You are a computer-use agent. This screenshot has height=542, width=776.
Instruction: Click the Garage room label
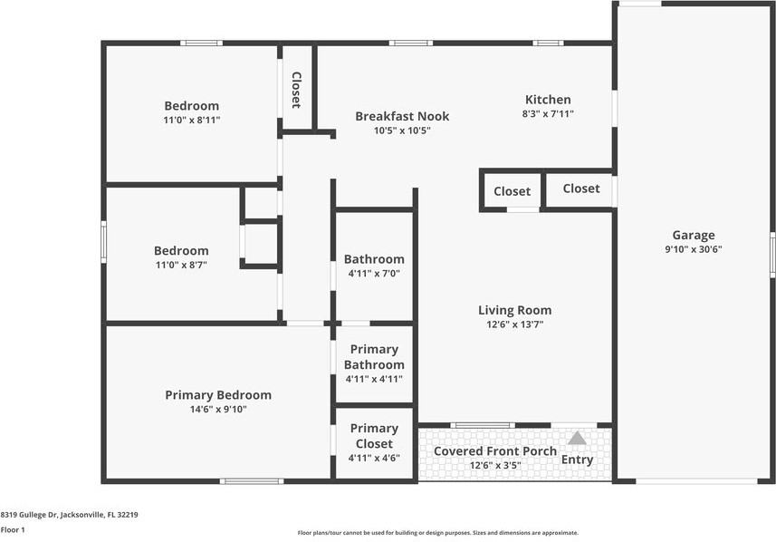(694, 236)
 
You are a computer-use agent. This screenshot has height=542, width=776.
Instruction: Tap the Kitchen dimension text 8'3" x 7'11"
(548, 113)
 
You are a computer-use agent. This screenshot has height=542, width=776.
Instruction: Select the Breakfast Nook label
(402, 116)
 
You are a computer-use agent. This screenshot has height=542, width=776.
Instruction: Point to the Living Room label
(514, 310)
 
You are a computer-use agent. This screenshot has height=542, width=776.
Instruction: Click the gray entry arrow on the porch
(577, 438)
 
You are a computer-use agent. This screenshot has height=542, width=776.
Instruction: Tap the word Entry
(577, 460)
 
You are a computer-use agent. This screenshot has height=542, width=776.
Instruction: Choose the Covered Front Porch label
(495, 450)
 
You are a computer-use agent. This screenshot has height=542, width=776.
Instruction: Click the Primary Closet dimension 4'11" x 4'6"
(374, 458)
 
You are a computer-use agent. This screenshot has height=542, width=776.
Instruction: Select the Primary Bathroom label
(374, 357)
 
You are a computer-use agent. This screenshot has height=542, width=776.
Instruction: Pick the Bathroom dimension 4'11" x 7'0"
(374, 273)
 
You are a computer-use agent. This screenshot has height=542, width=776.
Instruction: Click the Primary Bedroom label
(218, 395)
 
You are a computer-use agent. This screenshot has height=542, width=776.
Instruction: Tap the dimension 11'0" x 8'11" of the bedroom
(192, 120)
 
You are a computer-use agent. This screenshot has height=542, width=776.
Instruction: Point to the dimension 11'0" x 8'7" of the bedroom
(182, 265)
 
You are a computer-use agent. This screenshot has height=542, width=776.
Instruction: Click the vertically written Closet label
(296, 90)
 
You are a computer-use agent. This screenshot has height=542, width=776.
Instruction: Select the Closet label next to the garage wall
(581, 189)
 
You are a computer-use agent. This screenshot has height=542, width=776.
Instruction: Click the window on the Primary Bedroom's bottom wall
(252, 481)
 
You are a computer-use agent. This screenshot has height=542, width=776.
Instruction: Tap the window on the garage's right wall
(772, 255)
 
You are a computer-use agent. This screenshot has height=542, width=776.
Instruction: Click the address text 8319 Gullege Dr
(29, 515)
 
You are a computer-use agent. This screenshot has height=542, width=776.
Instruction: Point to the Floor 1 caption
(13, 529)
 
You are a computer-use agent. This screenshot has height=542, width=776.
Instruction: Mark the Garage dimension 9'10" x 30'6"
(694, 249)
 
